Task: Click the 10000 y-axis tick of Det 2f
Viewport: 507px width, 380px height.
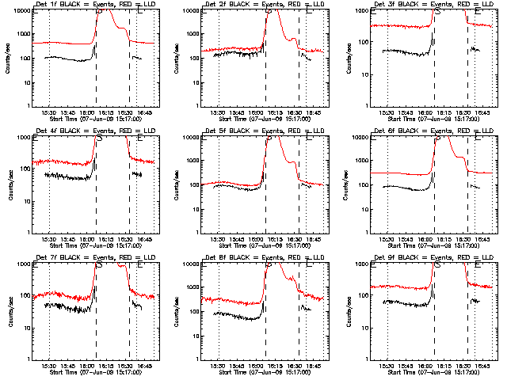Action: point(189,12)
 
